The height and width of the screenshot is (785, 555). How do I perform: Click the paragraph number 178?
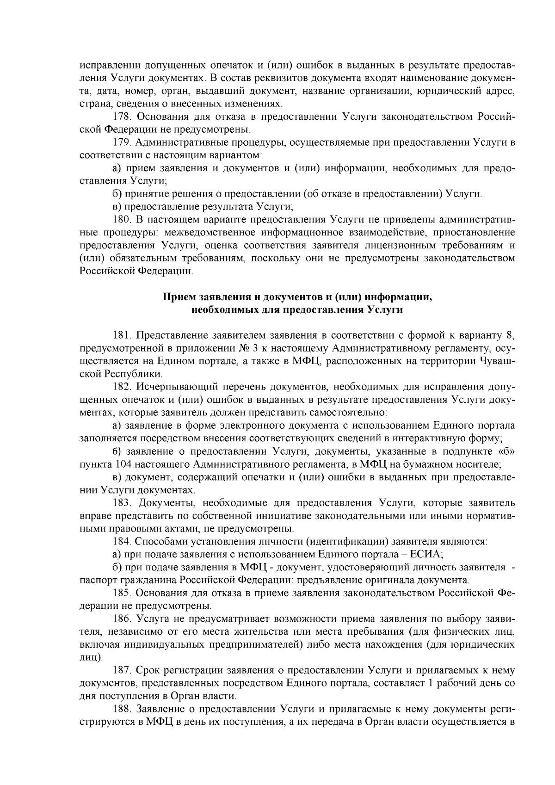click(123, 116)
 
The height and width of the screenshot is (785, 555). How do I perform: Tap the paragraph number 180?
click(123, 218)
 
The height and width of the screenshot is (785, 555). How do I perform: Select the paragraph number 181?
click(123, 335)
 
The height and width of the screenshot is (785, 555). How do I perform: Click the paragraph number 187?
click(123, 670)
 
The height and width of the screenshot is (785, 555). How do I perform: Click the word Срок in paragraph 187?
click(149, 670)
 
